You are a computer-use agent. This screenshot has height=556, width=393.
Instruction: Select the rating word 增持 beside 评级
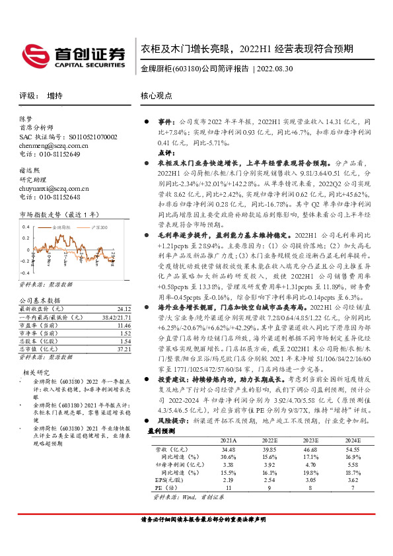[55, 96]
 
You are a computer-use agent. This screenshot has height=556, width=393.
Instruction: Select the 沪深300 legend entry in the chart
[98, 227]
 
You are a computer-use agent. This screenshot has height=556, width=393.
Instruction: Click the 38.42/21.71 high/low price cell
[115, 317]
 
